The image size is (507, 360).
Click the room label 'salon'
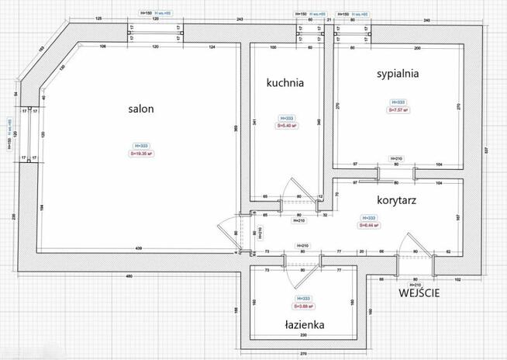(x=140, y=109)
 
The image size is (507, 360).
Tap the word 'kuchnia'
(x=285, y=81)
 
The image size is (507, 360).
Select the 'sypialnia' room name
(x=398, y=74)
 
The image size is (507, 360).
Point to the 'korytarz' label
(x=398, y=199)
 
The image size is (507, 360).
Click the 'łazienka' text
(x=302, y=324)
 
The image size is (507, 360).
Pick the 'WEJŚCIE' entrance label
(x=420, y=293)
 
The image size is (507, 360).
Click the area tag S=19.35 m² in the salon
(x=140, y=154)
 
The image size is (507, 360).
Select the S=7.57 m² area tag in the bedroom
(x=398, y=109)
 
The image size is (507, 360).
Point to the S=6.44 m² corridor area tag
(x=370, y=226)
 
